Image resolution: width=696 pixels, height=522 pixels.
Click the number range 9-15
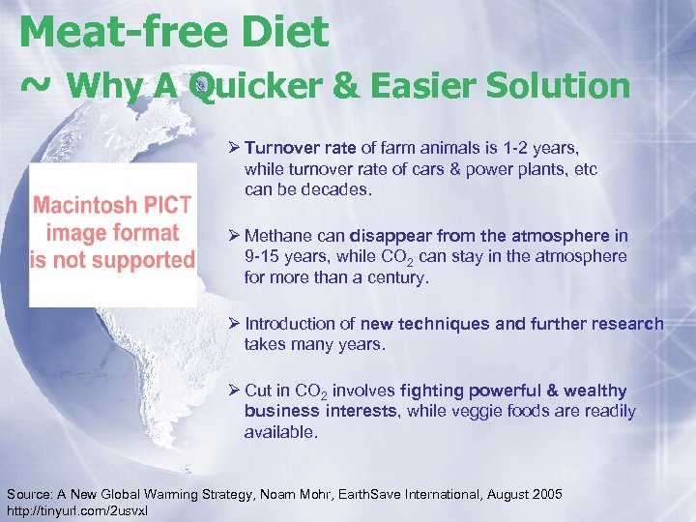[x=266, y=257]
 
